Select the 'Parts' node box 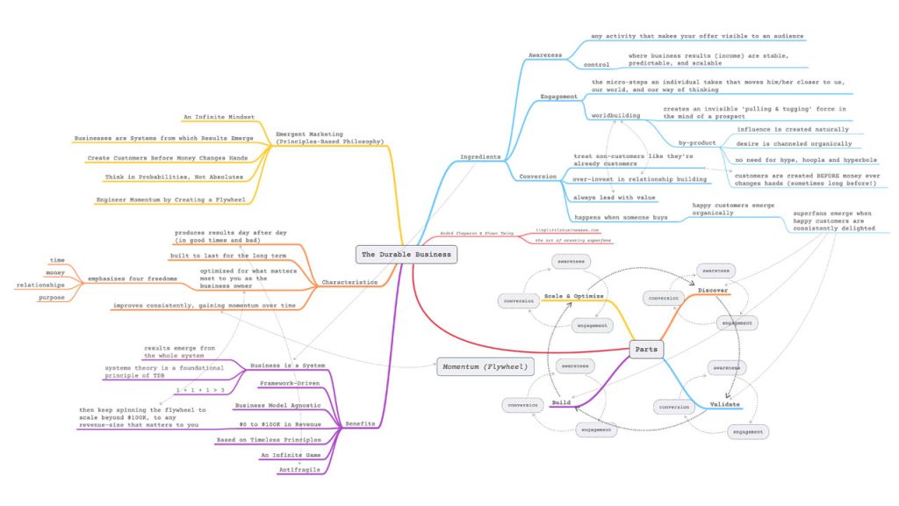point(645,349)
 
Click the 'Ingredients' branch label point(480,157)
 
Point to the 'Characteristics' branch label point(350,282)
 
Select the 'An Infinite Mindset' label point(219,117)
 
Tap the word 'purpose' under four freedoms point(50,298)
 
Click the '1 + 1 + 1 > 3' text point(199,389)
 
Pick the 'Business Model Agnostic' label point(277,405)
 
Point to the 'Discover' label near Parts point(712,290)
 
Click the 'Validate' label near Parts point(724,404)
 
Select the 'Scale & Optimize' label point(573,296)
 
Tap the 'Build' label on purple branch point(561,402)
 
